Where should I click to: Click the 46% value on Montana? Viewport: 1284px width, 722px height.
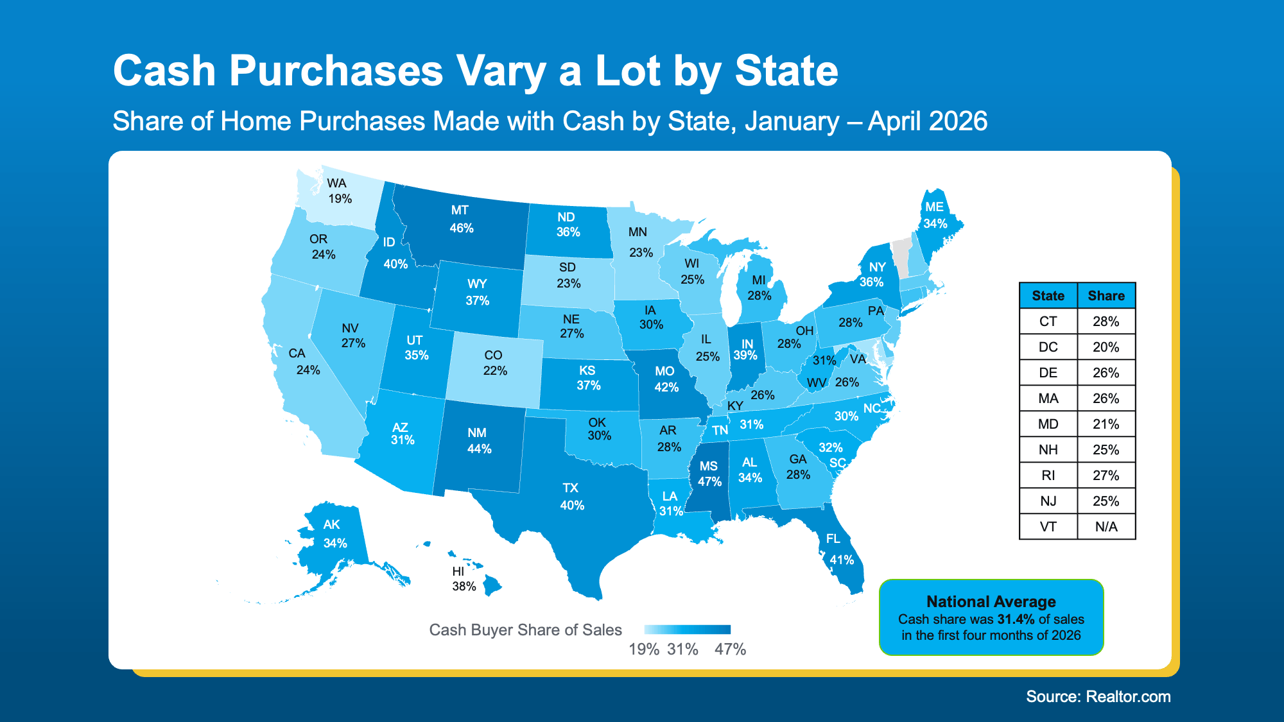click(x=462, y=228)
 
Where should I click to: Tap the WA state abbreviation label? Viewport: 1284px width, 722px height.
click(x=336, y=183)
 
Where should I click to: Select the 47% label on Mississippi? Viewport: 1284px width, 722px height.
click(x=710, y=481)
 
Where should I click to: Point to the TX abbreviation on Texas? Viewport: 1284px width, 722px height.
click(x=571, y=488)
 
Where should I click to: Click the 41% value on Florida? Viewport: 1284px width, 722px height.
click(x=842, y=560)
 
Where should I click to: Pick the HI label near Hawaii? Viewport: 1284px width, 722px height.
click(x=458, y=571)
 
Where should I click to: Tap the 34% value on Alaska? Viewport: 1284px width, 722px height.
click(x=335, y=543)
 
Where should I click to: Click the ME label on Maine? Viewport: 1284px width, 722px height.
click(x=935, y=207)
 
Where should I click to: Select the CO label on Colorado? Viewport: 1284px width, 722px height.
click(x=493, y=355)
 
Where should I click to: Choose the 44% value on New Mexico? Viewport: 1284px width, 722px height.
click(x=480, y=449)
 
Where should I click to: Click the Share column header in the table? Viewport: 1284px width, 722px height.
click(x=1106, y=296)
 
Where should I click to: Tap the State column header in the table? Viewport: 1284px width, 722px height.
click(x=1048, y=296)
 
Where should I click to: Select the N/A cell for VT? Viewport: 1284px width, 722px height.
click(x=1106, y=527)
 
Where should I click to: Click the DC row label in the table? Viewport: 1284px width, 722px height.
click(x=1048, y=347)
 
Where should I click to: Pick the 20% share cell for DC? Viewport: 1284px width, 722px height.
click(x=1106, y=347)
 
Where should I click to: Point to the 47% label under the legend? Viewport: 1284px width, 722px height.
click(x=731, y=649)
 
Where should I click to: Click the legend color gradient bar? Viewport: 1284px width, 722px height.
click(x=688, y=630)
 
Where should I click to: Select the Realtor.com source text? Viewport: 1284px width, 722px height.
click(x=1128, y=697)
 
